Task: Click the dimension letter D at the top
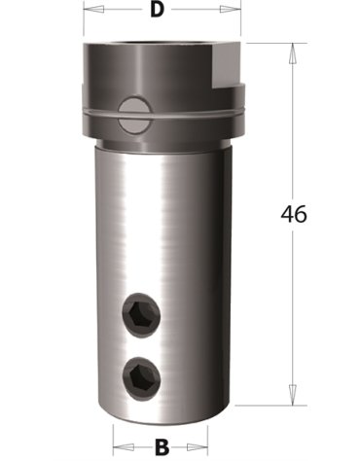point(157,10)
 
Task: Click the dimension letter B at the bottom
point(162,447)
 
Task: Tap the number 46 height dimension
point(294,214)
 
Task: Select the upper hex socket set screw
point(141,313)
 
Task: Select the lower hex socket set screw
point(142,377)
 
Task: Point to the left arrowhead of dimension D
point(93,9)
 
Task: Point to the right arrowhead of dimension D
point(231,9)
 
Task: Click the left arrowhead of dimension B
point(124,447)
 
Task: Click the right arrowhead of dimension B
point(198,447)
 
